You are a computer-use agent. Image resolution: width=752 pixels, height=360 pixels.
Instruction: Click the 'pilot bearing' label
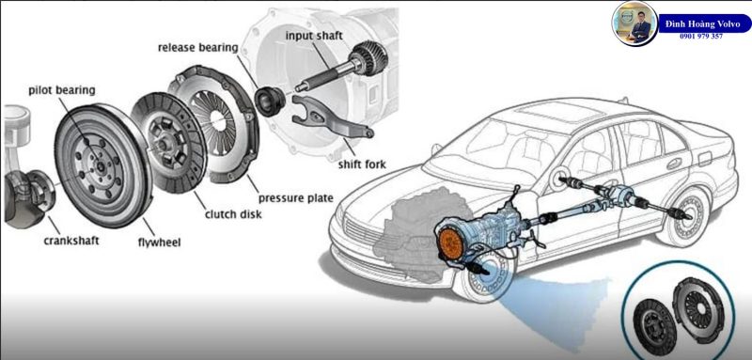click(62, 89)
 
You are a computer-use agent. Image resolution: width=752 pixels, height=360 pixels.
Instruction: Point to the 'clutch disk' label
click(233, 213)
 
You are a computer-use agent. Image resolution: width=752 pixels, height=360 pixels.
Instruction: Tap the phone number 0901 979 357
click(700, 36)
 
